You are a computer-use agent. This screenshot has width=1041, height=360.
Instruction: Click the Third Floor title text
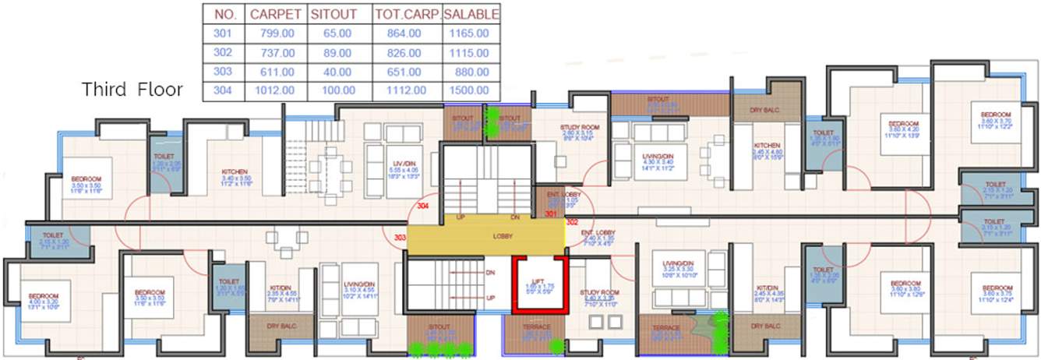point(132,89)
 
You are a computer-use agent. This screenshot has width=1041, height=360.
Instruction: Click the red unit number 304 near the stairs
point(423,206)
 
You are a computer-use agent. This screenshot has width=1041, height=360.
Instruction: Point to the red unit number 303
point(401,237)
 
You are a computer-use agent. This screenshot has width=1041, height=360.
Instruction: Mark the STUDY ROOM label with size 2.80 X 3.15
point(579,127)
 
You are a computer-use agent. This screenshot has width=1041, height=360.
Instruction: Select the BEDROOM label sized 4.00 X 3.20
point(44,296)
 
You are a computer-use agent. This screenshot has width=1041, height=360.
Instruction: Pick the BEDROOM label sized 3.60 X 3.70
point(996,115)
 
